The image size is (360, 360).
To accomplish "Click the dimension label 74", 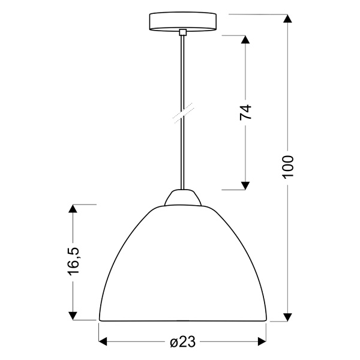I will click(x=245, y=112).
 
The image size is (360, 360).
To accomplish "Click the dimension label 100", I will click(x=288, y=166).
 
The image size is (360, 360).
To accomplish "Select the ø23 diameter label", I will click(x=182, y=342).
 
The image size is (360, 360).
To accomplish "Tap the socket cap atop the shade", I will click(x=182, y=198).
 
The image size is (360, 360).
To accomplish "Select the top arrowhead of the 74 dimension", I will click(x=245, y=40).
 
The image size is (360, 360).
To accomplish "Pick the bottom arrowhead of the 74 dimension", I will click(x=245, y=185).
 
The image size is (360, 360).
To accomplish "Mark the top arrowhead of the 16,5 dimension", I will click(x=73, y=209).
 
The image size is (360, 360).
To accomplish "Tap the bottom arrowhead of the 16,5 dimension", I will click(x=73, y=316).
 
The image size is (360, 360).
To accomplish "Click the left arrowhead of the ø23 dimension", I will click(x=103, y=342).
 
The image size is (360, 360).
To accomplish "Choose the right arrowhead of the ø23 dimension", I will click(x=262, y=342).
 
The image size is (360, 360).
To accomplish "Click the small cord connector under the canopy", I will click(x=182, y=32).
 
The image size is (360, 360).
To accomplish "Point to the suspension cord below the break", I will click(x=181, y=156).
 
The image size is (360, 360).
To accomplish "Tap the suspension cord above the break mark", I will click(x=181, y=72).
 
